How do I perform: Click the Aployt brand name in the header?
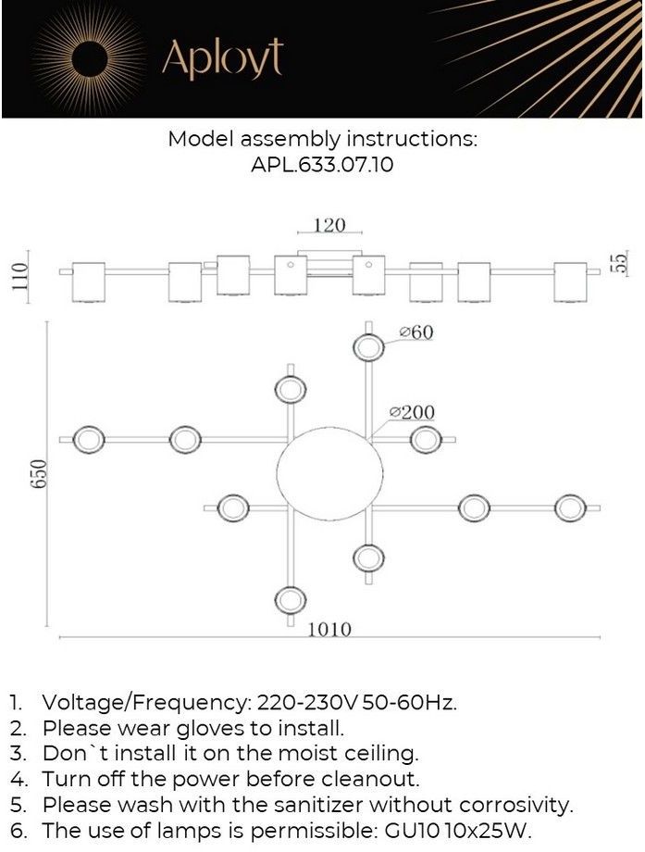tap(223, 57)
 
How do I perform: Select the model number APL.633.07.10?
tap(322, 165)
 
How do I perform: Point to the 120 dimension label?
tap(329, 225)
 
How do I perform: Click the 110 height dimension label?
tap(20, 277)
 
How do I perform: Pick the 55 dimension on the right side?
tap(621, 264)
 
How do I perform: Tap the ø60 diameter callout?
tap(416, 332)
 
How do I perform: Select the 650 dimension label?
tap(39, 474)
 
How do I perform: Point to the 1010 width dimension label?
tap(330, 629)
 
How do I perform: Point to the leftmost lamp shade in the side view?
tap(89, 282)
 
